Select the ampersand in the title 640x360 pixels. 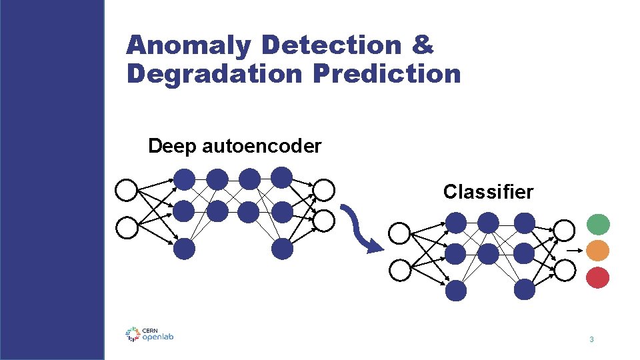423,45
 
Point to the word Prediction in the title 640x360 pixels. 386,73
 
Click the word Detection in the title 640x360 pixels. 332,45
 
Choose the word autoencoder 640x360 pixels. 261,146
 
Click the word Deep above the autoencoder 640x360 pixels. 172,146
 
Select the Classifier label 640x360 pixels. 488,192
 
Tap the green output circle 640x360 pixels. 598,224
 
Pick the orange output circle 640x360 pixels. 598,251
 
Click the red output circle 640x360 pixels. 598,277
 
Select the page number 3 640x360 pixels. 591,341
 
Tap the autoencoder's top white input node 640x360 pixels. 126,191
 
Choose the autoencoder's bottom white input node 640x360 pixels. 126,228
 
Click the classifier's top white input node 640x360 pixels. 399,233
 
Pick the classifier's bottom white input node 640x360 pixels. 399,270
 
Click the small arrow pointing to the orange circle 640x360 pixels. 573,251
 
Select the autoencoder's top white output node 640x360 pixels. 324,191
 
